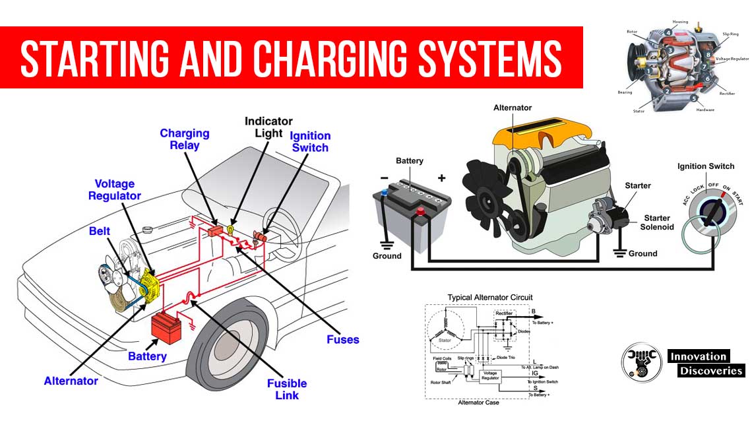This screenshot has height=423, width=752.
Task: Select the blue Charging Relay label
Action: point(184,139)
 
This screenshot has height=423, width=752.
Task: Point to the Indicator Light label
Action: point(268,127)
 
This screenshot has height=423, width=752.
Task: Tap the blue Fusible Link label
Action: point(287,389)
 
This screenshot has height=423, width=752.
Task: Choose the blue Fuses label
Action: point(343,340)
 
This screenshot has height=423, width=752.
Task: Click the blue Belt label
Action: point(100,232)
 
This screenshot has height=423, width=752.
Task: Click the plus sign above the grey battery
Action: point(441,178)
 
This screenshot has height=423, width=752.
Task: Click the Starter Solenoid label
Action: point(656,222)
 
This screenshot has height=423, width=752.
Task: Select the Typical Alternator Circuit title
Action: point(489,298)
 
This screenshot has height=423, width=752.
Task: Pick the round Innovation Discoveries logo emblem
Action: point(641,362)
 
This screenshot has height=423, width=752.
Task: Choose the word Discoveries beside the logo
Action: point(710,371)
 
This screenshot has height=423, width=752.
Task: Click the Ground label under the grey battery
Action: point(387,255)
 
